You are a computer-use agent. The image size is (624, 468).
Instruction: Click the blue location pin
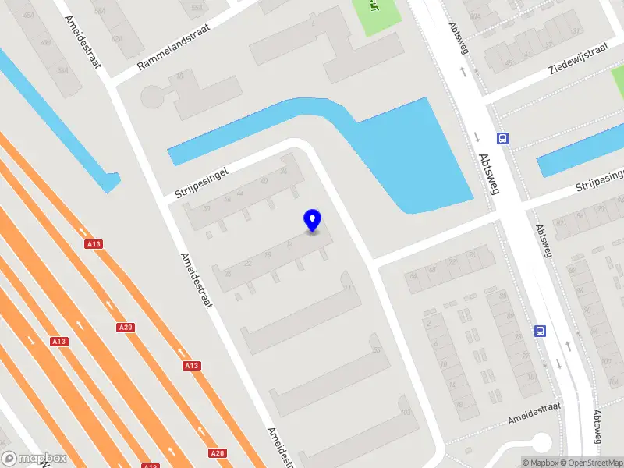[313, 221]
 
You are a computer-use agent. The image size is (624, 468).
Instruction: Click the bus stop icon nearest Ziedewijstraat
[503, 139]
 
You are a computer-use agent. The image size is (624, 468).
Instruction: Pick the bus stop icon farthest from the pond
[540, 331]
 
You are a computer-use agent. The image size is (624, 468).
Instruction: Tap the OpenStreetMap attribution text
[590, 463]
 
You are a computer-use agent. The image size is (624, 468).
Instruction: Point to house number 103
[404, 412]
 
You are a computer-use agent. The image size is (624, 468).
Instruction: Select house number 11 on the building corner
[348, 289]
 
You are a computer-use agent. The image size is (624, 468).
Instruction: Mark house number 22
[248, 264]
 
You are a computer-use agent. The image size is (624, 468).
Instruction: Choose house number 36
[283, 171]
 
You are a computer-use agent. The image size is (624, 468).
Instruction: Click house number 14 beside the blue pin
[290, 244]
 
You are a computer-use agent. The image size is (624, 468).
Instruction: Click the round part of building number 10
[153, 97]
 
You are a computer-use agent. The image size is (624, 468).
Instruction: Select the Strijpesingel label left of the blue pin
[200, 182]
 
